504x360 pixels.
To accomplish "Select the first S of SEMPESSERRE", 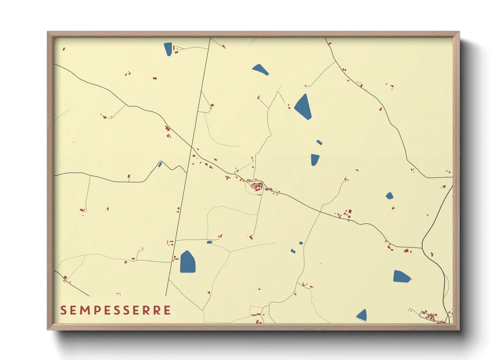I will click(63, 310).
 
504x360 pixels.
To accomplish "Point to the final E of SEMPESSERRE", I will click(167, 310).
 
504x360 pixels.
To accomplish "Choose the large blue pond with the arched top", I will click(188, 262).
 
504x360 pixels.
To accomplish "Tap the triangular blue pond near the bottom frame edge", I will click(362, 315).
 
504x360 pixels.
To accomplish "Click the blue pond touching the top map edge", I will click(168, 49).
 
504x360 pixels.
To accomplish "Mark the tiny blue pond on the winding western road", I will click(160, 165).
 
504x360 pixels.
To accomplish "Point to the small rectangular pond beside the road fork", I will click(209, 242).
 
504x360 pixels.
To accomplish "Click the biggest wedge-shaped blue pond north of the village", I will click(303, 107).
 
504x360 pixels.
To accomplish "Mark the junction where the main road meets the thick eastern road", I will click(422, 248).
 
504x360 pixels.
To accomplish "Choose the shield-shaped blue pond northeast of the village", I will click(315, 159).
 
